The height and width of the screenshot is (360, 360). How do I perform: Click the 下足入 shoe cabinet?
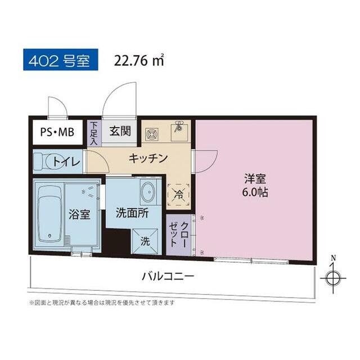pyautogui.click(x=93, y=133)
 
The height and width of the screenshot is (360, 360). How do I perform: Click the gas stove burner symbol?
pyautogui.click(x=152, y=134)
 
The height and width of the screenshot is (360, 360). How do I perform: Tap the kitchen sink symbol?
pyautogui.click(x=179, y=132)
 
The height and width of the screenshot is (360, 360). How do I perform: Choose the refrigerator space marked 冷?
pyautogui.click(x=179, y=195)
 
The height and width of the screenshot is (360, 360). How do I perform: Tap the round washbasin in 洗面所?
pyautogui.click(x=148, y=192)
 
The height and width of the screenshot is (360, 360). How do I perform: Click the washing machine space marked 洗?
pyautogui.click(x=145, y=241)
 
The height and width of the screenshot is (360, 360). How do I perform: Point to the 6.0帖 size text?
pyautogui.click(x=255, y=192)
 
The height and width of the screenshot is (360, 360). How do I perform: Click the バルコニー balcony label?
pyautogui.click(x=168, y=276)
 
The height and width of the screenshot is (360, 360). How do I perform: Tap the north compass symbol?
pyautogui.click(x=334, y=277)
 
